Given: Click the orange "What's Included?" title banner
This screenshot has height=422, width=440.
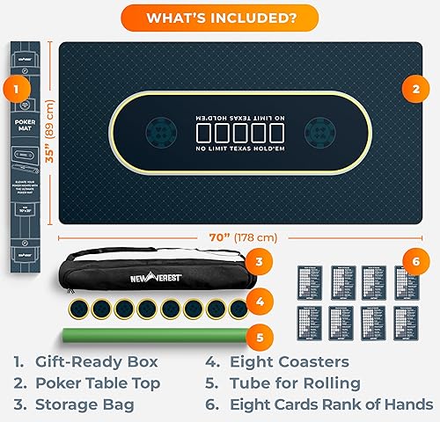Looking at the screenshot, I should pos(220,17).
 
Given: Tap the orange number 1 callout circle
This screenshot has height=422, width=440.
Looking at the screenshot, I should pos(16,88).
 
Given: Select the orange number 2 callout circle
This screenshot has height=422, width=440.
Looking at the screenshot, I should pos(414,88).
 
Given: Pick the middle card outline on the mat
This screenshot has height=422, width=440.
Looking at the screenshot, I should pos(240,134).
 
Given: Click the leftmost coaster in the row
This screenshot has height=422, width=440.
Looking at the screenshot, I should pos(77,309).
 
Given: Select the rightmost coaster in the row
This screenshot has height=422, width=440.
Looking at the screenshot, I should pos(237,309).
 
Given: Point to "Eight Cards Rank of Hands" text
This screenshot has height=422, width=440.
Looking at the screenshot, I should pos(331,404).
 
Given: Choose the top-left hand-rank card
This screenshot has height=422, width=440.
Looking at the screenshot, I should pos(312,280).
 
